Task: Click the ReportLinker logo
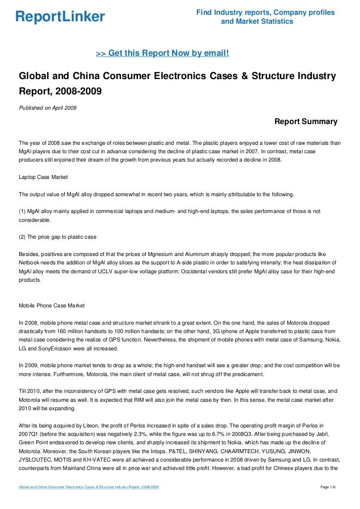tap(60, 17)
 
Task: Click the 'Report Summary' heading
tap(306, 122)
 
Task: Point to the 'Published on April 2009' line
tap(47, 108)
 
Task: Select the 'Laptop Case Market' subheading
tap(43, 177)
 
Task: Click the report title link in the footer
tap(89, 488)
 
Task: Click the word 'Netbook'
tap(30, 262)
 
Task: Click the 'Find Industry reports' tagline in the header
tap(265, 12)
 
